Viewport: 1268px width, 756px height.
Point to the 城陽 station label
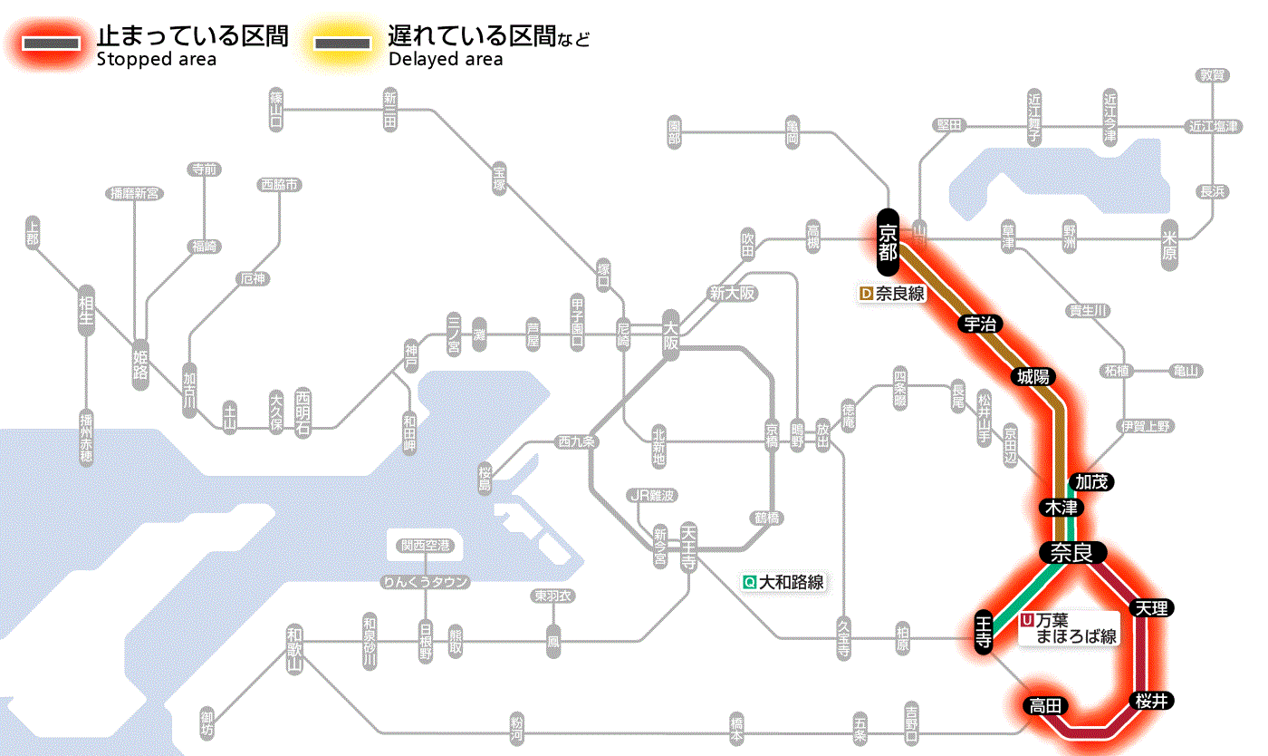pyautogui.click(x=1034, y=376)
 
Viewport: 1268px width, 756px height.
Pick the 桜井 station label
pyautogui.click(x=1152, y=700)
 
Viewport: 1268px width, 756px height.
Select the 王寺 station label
pyautogui.click(x=985, y=632)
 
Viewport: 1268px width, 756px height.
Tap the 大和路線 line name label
pyautogui.click(x=783, y=582)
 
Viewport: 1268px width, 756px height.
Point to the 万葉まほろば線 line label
pyautogui.click(x=1071, y=628)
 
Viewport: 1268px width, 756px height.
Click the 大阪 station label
pyautogui.click(x=670, y=336)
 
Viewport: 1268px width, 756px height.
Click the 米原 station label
pyautogui.click(x=1171, y=245)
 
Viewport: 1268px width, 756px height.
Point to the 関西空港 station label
pyautogui.click(x=425, y=546)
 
